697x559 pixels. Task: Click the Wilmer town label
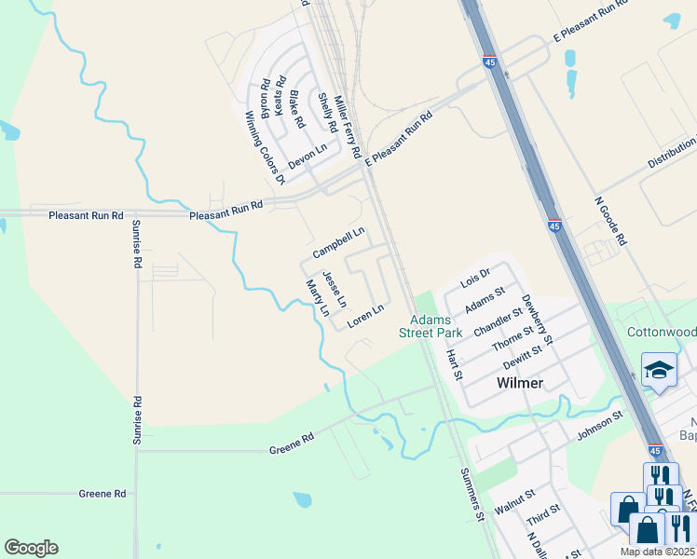click(x=519, y=383)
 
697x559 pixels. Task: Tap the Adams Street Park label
click(x=430, y=326)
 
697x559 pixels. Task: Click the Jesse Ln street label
click(x=335, y=290)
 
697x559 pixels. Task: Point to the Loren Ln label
click(x=366, y=317)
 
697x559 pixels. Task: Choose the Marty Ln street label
click(x=318, y=298)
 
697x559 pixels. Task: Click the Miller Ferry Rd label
click(x=347, y=128)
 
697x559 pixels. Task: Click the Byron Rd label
click(x=266, y=98)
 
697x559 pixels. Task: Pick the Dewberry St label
click(x=538, y=318)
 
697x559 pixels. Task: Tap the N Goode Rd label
click(x=611, y=221)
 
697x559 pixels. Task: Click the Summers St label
click(x=473, y=494)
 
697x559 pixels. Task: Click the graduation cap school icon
click(x=659, y=370)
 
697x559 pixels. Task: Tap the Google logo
click(x=31, y=548)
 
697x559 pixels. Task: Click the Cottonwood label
click(x=662, y=333)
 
